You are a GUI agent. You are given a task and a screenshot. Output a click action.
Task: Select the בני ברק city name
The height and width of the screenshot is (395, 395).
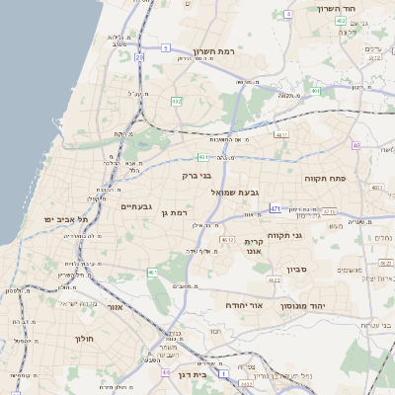(x=198, y=176)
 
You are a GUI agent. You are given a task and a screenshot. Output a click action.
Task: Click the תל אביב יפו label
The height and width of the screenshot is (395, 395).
(x=66, y=219)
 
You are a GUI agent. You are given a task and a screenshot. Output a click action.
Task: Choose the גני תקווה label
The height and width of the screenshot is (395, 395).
(x=311, y=236)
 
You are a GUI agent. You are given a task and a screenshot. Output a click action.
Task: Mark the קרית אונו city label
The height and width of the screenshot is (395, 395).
(x=253, y=246)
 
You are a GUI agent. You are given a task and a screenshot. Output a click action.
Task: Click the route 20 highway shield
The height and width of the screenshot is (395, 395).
(x=139, y=58)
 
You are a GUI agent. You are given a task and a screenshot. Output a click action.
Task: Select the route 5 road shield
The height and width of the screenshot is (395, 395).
(x=165, y=47)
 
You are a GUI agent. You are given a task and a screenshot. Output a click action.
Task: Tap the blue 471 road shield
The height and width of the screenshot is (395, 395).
(x=275, y=208)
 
